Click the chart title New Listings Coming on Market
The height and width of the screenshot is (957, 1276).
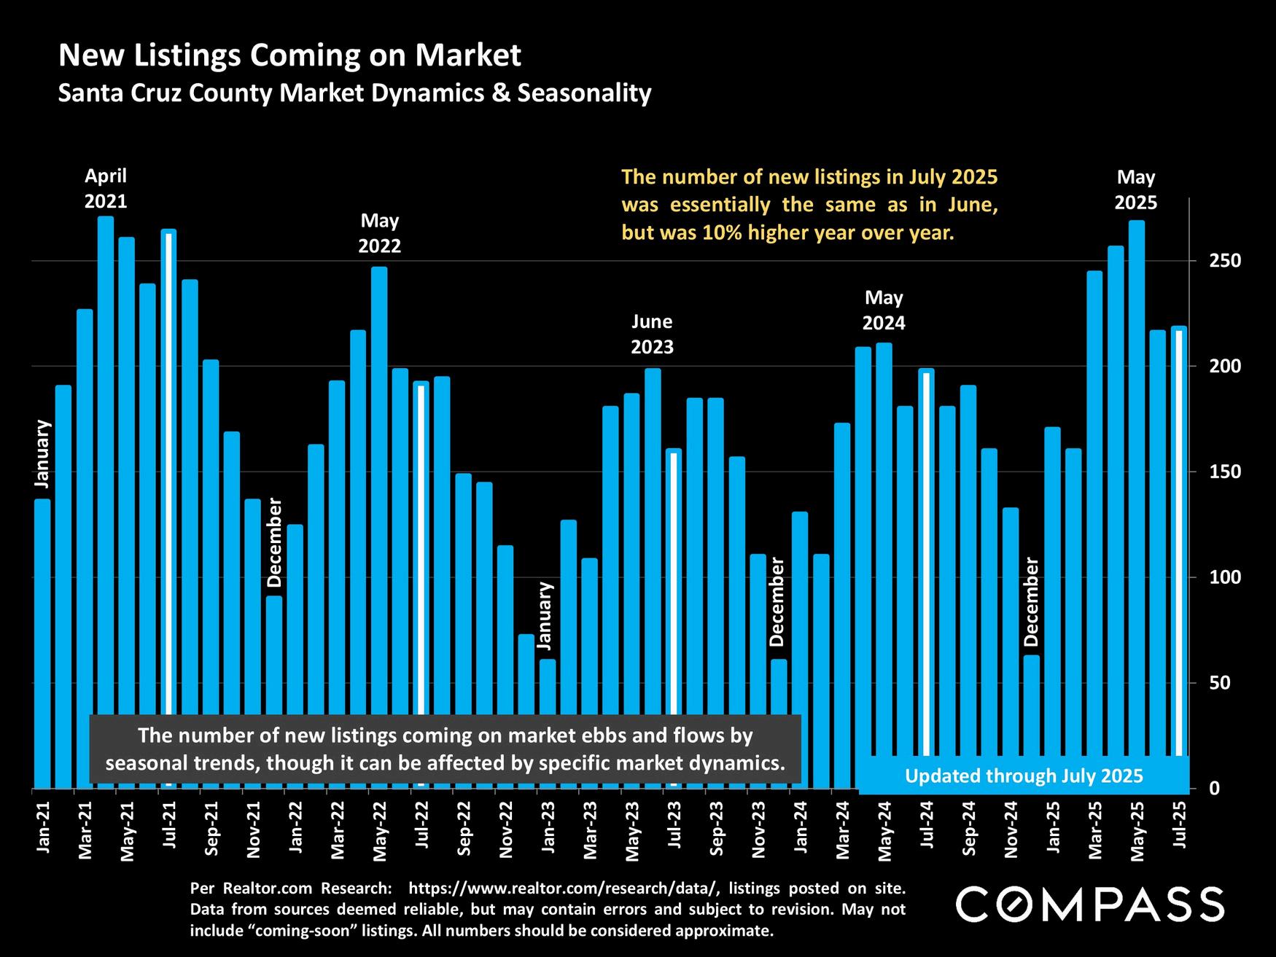click(x=289, y=55)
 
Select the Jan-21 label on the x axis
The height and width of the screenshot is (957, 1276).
click(x=43, y=827)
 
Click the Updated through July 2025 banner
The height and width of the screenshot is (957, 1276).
click(x=1024, y=776)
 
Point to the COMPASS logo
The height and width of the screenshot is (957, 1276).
click(x=1089, y=905)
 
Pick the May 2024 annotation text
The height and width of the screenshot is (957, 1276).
click(x=884, y=310)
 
